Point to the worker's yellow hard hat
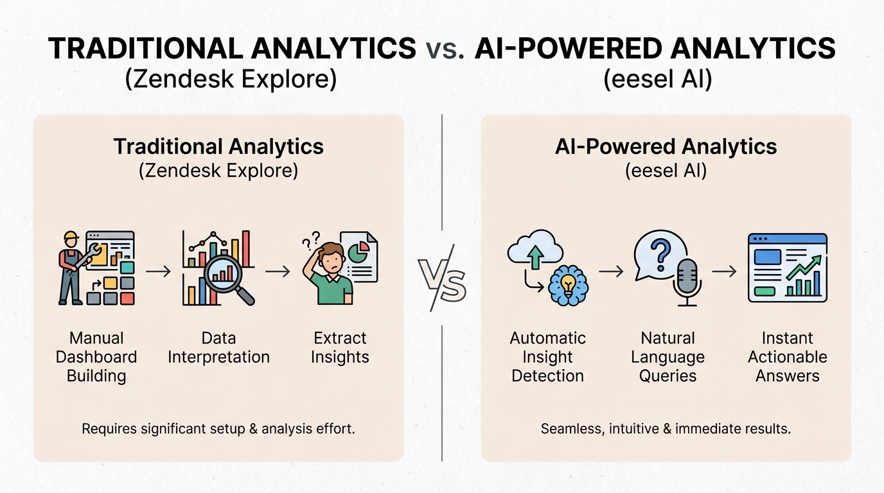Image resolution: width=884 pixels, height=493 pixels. point(71,237)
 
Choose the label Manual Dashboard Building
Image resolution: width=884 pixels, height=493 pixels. point(96,357)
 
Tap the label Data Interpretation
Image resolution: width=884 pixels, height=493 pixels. point(218,347)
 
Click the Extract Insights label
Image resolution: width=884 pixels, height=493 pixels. point(340,347)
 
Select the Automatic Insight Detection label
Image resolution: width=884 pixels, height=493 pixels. point(547,357)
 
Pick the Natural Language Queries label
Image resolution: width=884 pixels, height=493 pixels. point(667,357)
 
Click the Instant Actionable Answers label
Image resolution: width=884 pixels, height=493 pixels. point(788,357)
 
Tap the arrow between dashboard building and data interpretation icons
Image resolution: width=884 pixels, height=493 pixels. point(158,272)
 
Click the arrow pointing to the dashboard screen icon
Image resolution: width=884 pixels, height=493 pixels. point(724,272)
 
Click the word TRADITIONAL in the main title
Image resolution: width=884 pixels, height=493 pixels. point(147,49)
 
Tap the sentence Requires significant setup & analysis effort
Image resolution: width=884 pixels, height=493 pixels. point(218,428)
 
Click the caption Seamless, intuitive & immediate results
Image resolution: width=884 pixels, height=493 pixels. point(666,428)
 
